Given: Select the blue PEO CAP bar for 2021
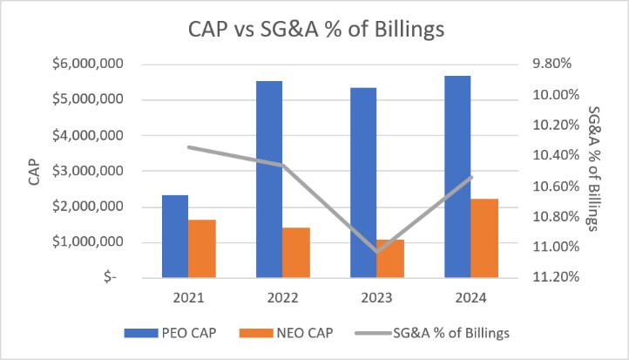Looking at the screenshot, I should [175, 236].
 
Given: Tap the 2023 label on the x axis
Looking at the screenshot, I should [376, 297].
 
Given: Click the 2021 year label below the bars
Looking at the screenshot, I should [188, 297].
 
